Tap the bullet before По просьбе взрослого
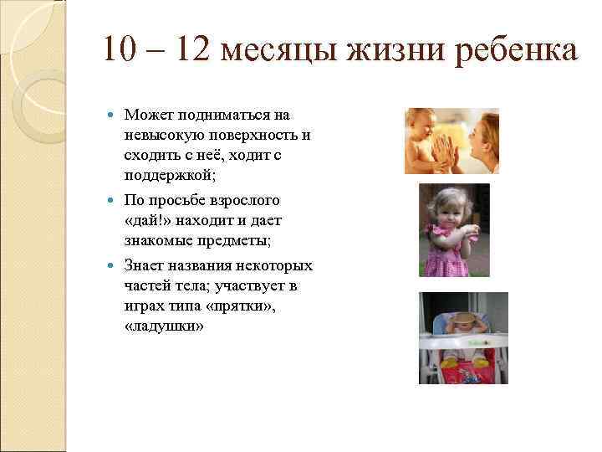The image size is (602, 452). click(x=114, y=201)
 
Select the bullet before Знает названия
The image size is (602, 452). click(x=114, y=266)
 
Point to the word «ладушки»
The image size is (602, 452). click(x=163, y=328)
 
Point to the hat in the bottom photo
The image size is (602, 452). click(x=463, y=321)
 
